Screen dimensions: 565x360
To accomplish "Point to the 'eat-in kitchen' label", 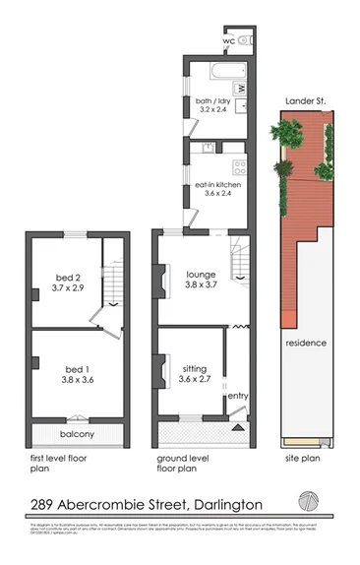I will click(x=217, y=184).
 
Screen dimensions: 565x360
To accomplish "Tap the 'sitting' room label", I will click(x=194, y=368).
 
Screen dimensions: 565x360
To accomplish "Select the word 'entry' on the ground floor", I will click(x=238, y=396).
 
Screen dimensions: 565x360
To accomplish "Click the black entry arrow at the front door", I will click(x=235, y=427).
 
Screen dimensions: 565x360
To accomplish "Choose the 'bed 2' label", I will click(x=68, y=279).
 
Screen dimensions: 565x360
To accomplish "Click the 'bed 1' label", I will click(x=69, y=368).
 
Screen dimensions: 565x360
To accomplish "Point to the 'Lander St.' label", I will click(x=305, y=101).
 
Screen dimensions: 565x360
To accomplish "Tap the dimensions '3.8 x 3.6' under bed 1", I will click(x=69, y=380).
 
